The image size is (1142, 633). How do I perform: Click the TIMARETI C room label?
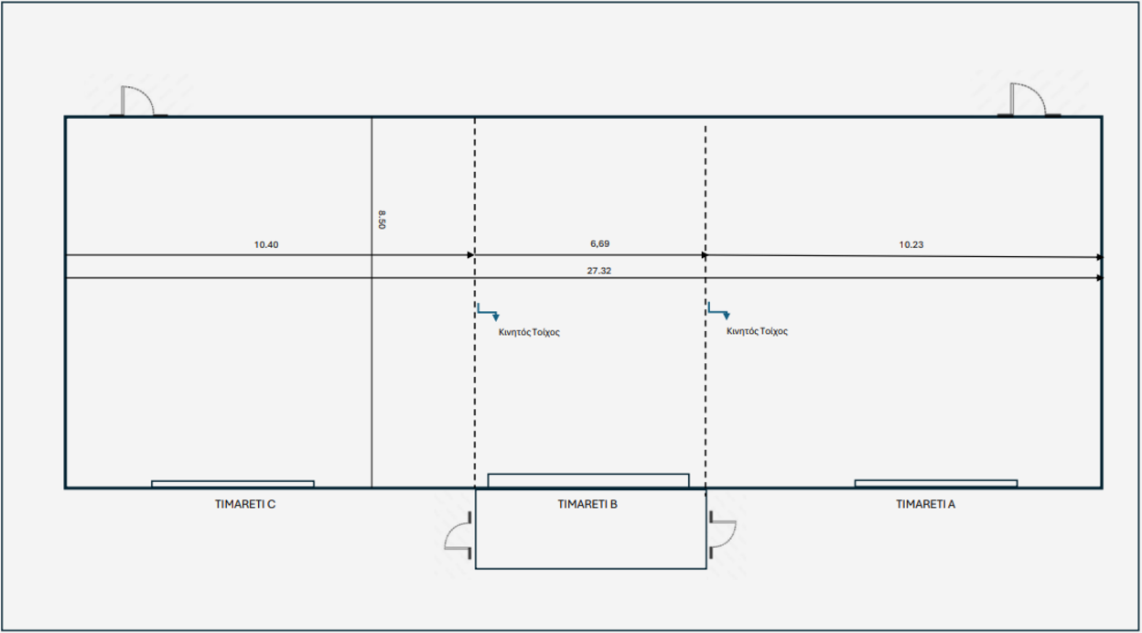[244, 503]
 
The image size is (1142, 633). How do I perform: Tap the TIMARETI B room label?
[587, 503]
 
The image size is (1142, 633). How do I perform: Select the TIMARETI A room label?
[925, 503]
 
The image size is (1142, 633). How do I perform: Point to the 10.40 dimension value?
[265, 245]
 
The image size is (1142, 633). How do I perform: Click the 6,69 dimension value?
[599, 244]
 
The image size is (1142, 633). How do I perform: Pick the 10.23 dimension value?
[910, 245]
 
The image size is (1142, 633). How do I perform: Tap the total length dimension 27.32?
[599, 271]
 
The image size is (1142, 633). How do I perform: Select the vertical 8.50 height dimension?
[382, 220]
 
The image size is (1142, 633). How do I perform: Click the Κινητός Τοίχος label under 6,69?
[529, 332]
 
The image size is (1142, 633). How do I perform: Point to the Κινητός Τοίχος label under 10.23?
[757, 331]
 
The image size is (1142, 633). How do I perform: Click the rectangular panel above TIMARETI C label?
[232, 483]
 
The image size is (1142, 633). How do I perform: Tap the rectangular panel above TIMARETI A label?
[935, 483]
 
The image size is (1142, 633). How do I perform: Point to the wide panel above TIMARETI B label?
[587, 480]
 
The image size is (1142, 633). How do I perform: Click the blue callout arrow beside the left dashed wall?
[488, 312]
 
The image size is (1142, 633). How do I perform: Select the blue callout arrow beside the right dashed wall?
[718, 311]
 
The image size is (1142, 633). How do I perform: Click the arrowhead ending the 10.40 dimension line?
[470, 255]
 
